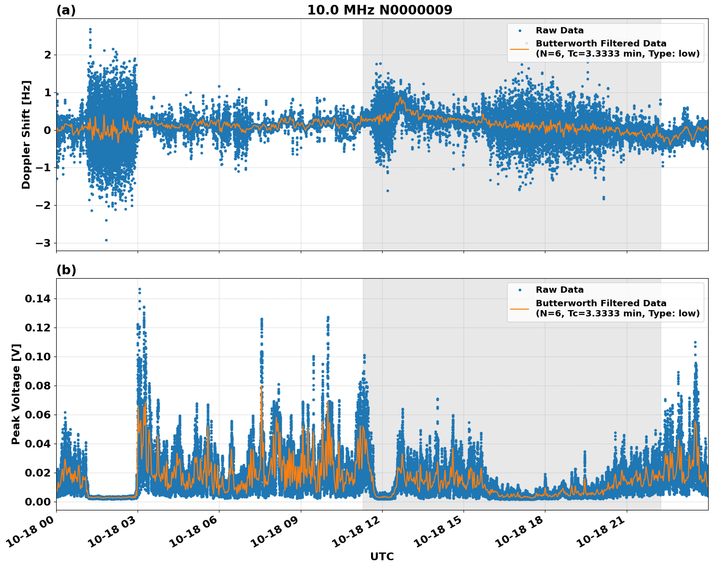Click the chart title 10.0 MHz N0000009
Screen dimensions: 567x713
(379, 10)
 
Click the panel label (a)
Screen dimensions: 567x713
(66, 10)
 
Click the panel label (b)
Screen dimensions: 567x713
(66, 270)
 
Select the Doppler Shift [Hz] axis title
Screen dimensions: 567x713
(26, 134)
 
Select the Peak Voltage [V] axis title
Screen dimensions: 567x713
(16, 394)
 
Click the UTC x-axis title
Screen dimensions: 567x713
(382, 556)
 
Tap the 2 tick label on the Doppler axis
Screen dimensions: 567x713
(47, 55)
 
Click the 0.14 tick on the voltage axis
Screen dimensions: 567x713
(37, 299)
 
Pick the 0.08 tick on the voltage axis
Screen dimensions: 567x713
(37, 386)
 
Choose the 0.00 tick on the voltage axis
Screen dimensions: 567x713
(37, 502)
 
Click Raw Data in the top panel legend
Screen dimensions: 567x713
(559, 31)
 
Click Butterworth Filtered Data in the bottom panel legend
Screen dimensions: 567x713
(601, 303)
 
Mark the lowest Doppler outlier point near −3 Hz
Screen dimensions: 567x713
(107, 240)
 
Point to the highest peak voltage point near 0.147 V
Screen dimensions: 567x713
(139, 289)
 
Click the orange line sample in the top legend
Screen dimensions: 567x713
(519, 49)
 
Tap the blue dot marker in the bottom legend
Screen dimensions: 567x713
(520, 290)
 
